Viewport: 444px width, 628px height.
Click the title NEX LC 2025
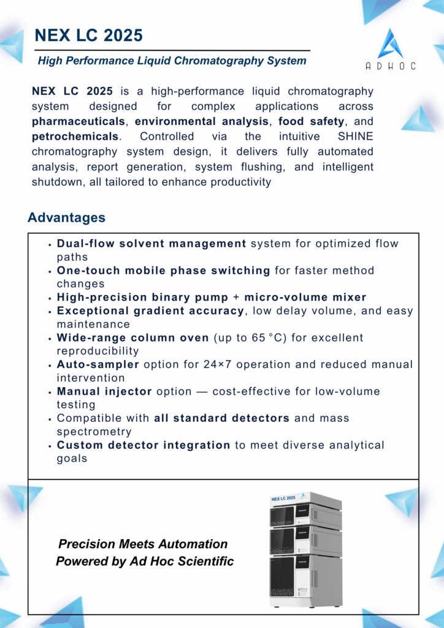[x=89, y=36]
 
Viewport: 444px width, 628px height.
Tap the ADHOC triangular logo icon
[x=390, y=45]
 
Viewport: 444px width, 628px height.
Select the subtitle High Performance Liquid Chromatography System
[x=172, y=61]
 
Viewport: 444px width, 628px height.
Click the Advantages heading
[x=66, y=218]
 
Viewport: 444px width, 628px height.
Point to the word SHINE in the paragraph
[x=356, y=137]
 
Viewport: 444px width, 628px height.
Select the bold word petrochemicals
[x=75, y=137]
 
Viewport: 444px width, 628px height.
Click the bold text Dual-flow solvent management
[x=151, y=243]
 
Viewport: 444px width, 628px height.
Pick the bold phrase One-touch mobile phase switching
[x=163, y=270]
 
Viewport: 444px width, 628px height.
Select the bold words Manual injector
[x=104, y=391]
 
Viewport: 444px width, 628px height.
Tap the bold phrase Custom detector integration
[x=144, y=445]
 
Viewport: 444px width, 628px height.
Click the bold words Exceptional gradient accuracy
[x=150, y=311]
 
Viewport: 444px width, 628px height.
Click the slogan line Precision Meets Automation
[x=143, y=544]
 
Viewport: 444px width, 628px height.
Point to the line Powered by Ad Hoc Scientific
[x=145, y=561]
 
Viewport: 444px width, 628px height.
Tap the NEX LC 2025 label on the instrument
[x=284, y=498]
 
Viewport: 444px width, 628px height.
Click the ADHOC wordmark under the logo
[x=391, y=66]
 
